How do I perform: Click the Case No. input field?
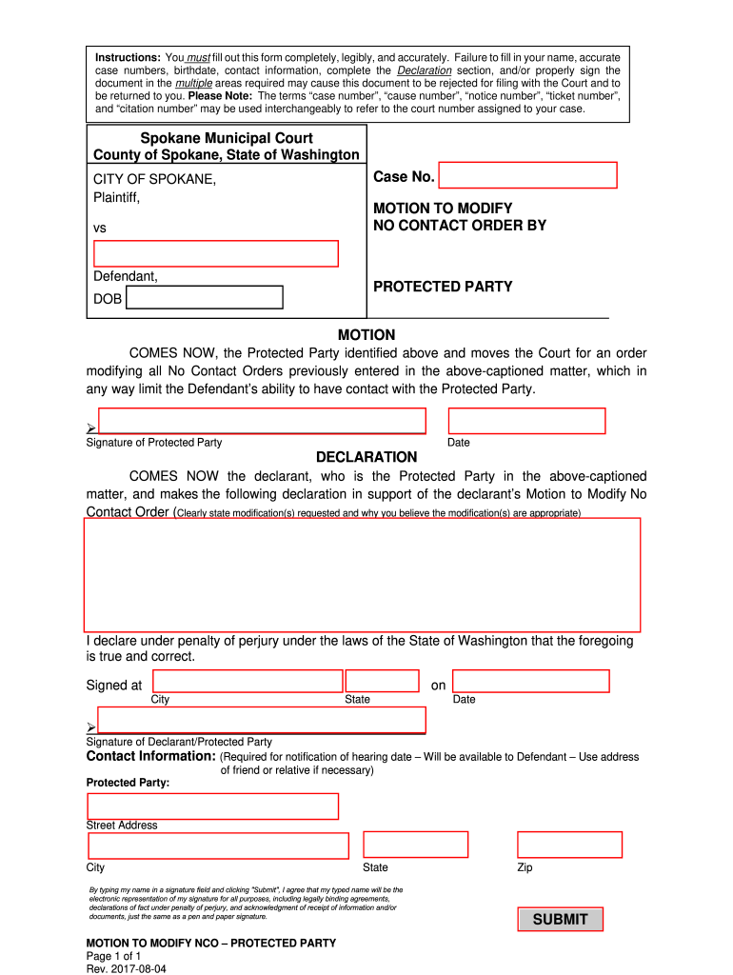(x=527, y=175)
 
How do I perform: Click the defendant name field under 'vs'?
(x=216, y=253)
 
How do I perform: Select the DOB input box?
(x=205, y=298)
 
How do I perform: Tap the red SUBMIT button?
(x=560, y=919)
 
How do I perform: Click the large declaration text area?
(x=363, y=574)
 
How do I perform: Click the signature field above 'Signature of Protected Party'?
(x=262, y=421)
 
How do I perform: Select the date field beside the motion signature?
(x=526, y=421)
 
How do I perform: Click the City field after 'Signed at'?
(x=248, y=681)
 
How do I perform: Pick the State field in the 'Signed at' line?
(x=382, y=681)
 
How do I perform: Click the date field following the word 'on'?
(x=530, y=681)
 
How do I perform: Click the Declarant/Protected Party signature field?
(x=262, y=720)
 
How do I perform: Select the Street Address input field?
(x=213, y=806)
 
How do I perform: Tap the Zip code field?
(x=569, y=845)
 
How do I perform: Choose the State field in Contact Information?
(x=416, y=845)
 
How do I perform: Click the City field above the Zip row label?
(x=219, y=846)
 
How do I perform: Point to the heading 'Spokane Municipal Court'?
(x=227, y=138)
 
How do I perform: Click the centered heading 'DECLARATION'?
(x=366, y=457)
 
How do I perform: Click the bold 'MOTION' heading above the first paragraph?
(x=366, y=335)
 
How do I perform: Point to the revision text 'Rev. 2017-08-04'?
(x=128, y=968)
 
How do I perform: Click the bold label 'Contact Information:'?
(x=151, y=756)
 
